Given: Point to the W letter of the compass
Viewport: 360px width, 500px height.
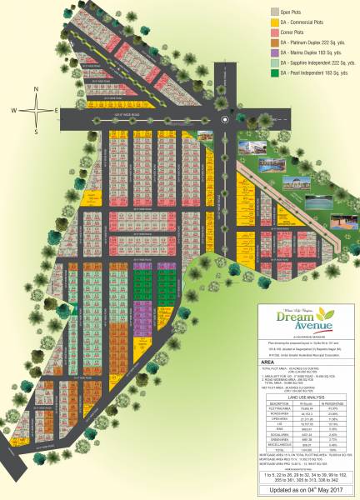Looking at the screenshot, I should [14, 110].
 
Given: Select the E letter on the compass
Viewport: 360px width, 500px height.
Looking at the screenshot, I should [56, 110].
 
